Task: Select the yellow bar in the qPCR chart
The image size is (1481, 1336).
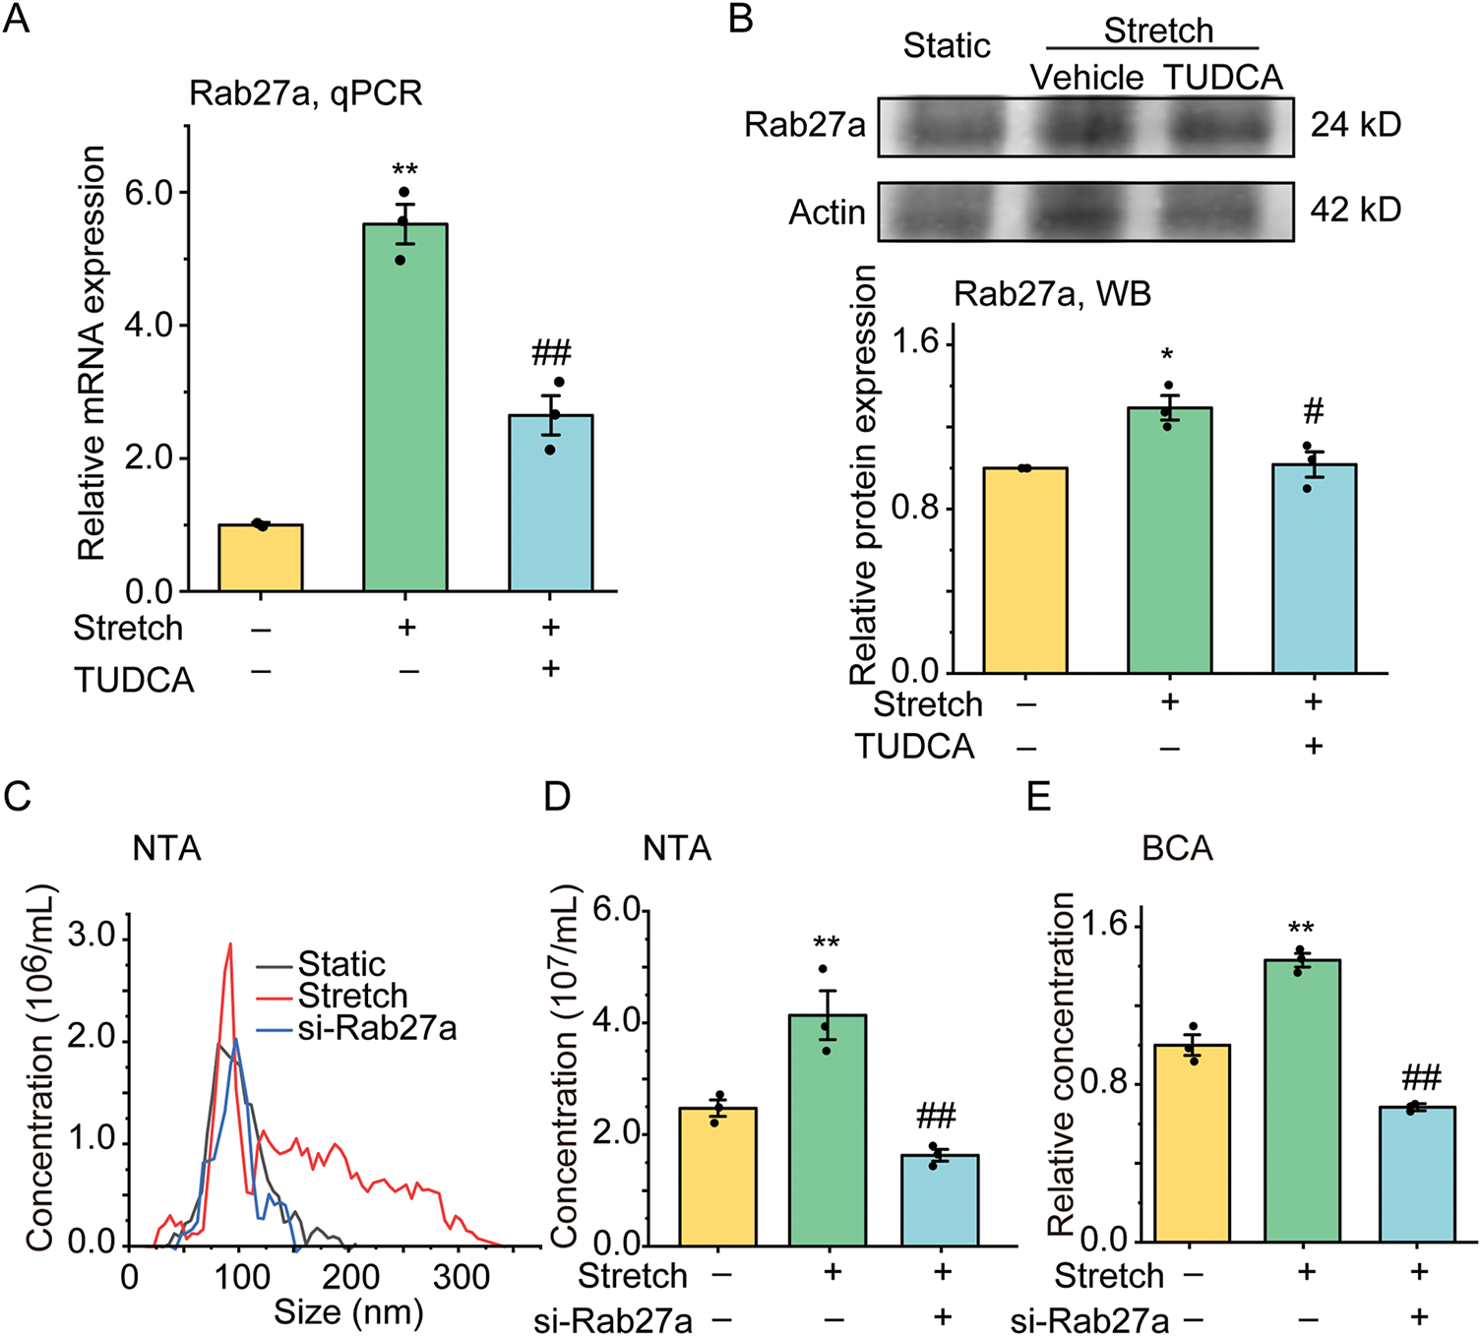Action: tap(261, 558)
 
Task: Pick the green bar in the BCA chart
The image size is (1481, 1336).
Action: tap(1303, 1101)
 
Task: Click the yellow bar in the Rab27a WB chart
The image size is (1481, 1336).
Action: tap(1025, 571)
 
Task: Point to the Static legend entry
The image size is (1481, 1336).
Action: tap(340, 963)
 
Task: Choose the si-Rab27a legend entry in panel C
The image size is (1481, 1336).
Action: tap(376, 1029)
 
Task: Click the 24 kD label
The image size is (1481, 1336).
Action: tap(1355, 126)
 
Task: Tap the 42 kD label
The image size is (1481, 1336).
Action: tap(1355, 211)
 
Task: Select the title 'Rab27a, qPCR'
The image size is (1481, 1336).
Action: tap(306, 93)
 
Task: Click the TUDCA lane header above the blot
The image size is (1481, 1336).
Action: tap(1223, 78)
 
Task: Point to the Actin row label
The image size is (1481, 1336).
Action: tap(827, 213)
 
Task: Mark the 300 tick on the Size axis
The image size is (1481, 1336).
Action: tap(462, 1277)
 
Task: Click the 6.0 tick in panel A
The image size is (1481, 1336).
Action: tap(149, 193)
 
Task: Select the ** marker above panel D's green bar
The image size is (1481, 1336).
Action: tap(826, 943)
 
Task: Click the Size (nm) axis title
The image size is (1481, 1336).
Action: tap(348, 1312)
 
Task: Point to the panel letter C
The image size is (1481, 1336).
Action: tap(18, 796)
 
